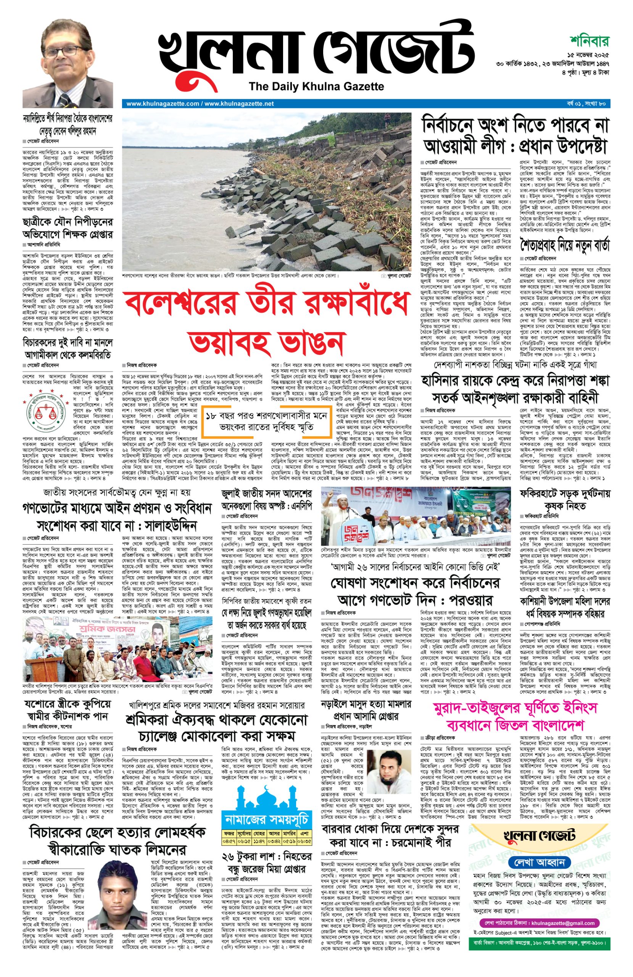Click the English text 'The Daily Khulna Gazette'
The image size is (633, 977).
click(x=316, y=86)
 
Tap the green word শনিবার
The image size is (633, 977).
click(x=589, y=42)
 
